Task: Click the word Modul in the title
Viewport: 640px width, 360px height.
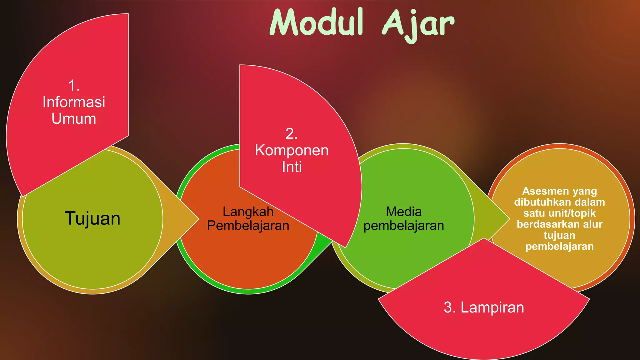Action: tap(317, 22)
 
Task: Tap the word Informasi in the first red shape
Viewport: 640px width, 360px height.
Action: tap(74, 102)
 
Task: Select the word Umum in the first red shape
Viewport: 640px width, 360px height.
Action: tap(74, 119)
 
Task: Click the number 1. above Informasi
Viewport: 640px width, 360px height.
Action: tap(74, 86)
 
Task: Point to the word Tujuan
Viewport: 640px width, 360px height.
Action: tap(92, 218)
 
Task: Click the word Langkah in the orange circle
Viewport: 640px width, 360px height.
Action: tap(248, 212)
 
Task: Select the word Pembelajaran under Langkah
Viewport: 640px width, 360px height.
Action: tap(248, 226)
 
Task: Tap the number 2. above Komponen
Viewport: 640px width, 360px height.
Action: tap(292, 134)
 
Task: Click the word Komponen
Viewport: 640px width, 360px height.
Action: tap(292, 150)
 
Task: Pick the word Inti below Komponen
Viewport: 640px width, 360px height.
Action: tap(292, 167)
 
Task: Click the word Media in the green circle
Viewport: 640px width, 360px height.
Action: tap(404, 212)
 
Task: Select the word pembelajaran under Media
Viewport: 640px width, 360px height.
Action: tap(404, 226)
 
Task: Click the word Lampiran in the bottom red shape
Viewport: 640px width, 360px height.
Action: tap(492, 307)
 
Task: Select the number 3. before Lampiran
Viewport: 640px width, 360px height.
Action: tap(450, 307)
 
